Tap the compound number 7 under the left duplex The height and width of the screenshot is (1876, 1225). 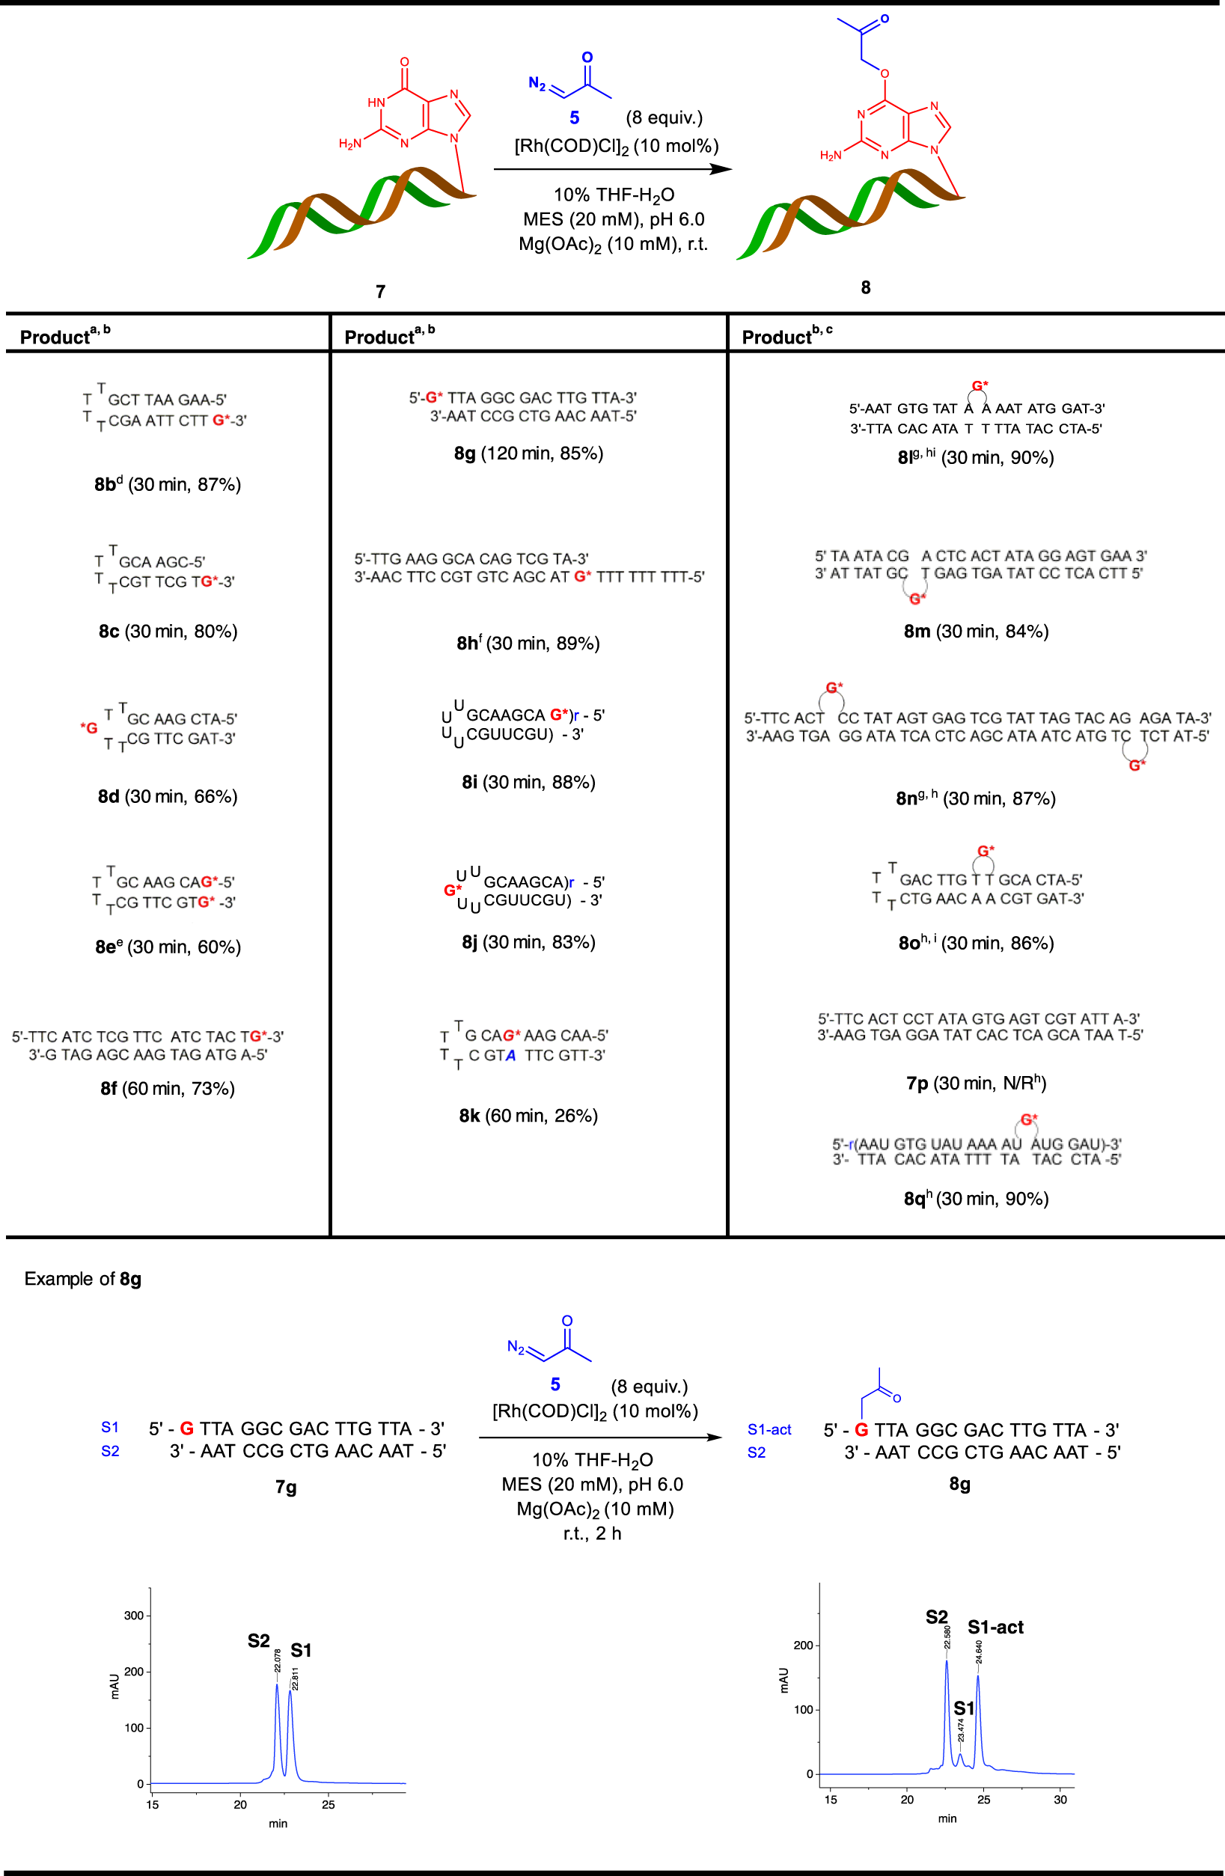click(x=381, y=292)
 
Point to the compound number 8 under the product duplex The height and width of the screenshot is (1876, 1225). click(x=866, y=287)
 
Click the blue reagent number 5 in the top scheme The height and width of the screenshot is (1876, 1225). click(x=575, y=117)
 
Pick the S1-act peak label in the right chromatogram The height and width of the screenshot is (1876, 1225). click(x=995, y=1627)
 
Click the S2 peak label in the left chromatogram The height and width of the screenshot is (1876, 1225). click(x=259, y=1640)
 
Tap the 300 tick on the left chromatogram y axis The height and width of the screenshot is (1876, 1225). click(x=134, y=1615)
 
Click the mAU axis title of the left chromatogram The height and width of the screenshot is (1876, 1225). click(x=115, y=1685)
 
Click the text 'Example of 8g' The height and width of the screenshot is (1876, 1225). click(x=83, y=1279)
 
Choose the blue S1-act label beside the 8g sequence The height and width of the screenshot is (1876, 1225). click(x=769, y=1429)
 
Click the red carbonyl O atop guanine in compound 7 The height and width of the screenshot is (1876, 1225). click(x=404, y=61)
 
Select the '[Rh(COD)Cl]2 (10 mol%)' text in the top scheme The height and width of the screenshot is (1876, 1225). click(x=617, y=146)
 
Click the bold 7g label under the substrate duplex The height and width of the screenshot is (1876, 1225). click(x=286, y=1487)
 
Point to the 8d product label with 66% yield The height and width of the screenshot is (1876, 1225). click(x=109, y=796)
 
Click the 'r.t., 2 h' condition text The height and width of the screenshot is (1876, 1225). click(x=592, y=1533)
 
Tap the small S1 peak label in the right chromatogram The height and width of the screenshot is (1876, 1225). click(x=963, y=1708)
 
